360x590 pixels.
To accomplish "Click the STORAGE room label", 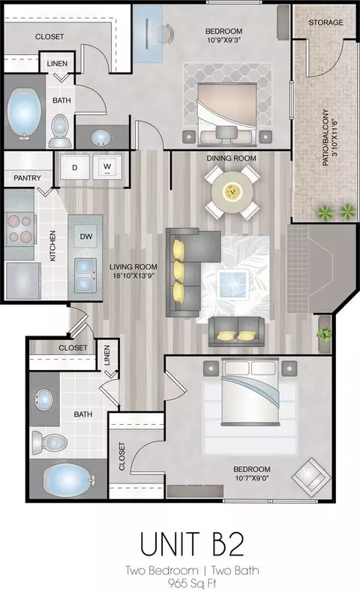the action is [325, 23].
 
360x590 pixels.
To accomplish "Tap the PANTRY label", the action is [27, 178].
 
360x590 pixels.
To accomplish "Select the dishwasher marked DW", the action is [86, 236].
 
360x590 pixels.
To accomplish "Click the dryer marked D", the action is [75, 167].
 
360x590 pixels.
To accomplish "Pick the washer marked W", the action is [107, 167].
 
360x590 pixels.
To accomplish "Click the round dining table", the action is [232, 193].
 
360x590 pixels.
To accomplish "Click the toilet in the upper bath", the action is [60, 131].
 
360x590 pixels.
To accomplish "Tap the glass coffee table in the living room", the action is [233, 284].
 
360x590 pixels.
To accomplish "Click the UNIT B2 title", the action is [193, 544].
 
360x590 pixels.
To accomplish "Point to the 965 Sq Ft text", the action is [192, 583].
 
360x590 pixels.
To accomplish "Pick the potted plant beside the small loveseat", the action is [324, 333].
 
